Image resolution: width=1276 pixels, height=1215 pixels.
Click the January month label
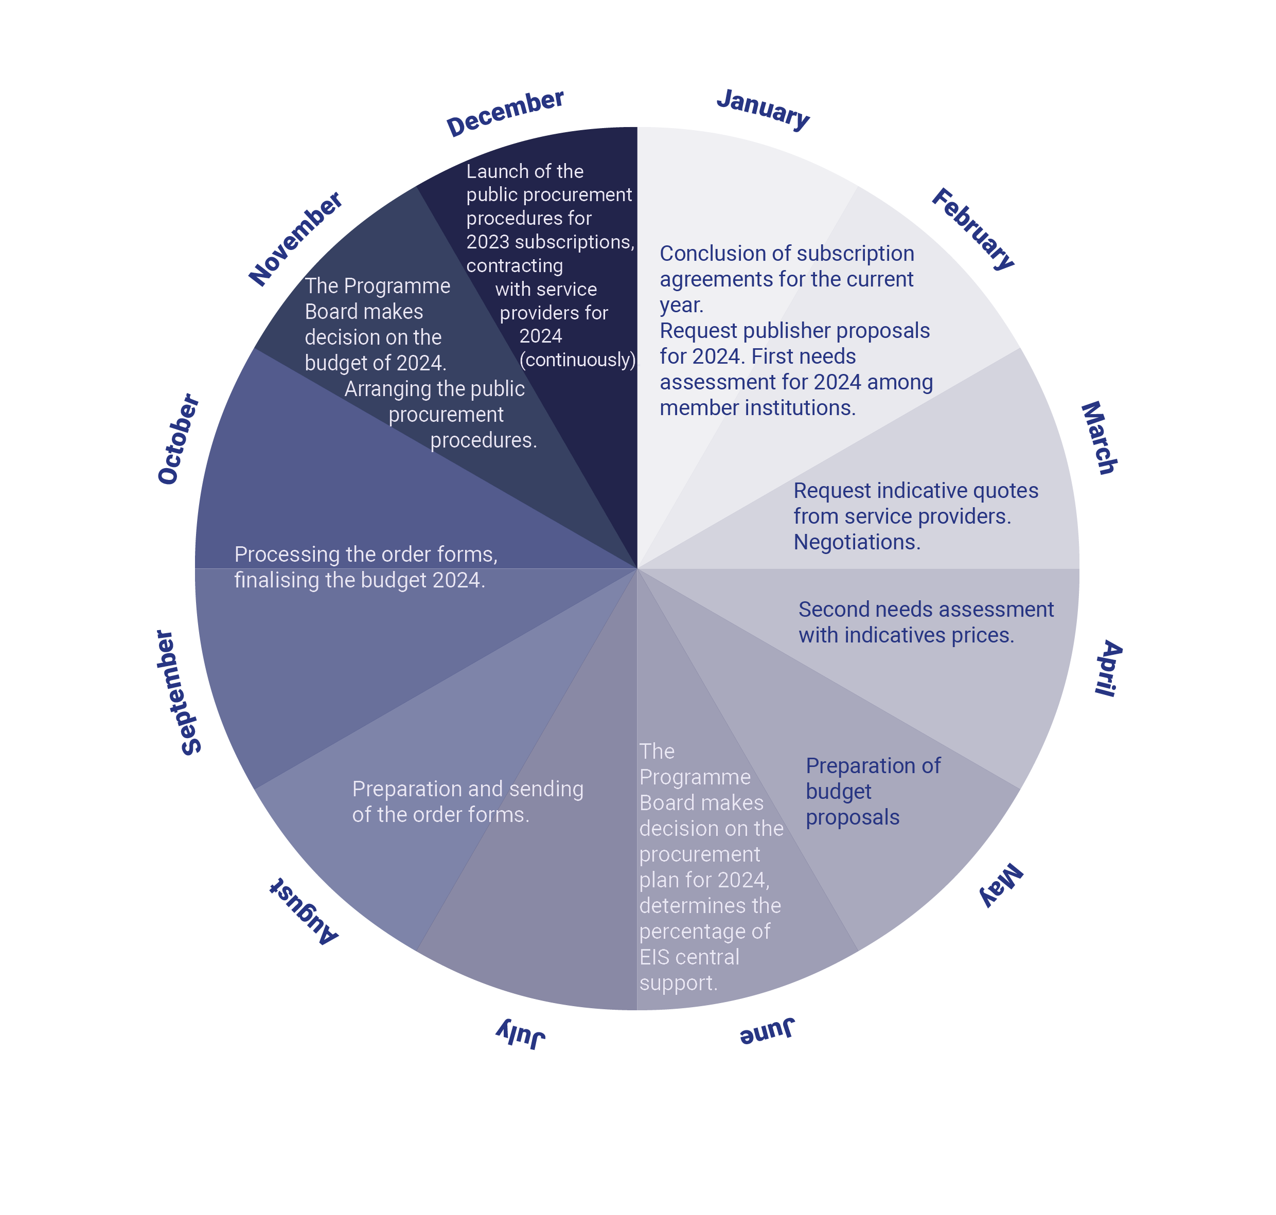coord(763,109)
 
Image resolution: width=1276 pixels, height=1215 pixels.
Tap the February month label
coord(973,228)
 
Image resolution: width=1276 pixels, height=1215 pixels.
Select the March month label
coord(1099,438)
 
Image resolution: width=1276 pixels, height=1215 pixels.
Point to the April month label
coord(1108,668)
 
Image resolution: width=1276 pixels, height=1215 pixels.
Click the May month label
coord(1001,885)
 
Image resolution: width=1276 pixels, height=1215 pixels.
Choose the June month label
coord(768,1030)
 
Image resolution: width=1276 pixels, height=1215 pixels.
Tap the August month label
coord(304,912)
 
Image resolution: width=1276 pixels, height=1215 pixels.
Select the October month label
coord(179,439)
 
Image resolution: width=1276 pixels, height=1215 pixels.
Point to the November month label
coord(295,238)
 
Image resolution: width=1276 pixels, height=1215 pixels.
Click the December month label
coord(505,113)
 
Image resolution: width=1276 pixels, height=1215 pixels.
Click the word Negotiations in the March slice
coord(857,542)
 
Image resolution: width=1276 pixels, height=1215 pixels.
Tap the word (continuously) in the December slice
coord(578,360)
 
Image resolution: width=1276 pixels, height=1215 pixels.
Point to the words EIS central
coord(689,957)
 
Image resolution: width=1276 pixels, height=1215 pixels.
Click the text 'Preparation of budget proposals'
coord(873,792)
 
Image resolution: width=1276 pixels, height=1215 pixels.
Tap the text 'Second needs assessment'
coord(926,610)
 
